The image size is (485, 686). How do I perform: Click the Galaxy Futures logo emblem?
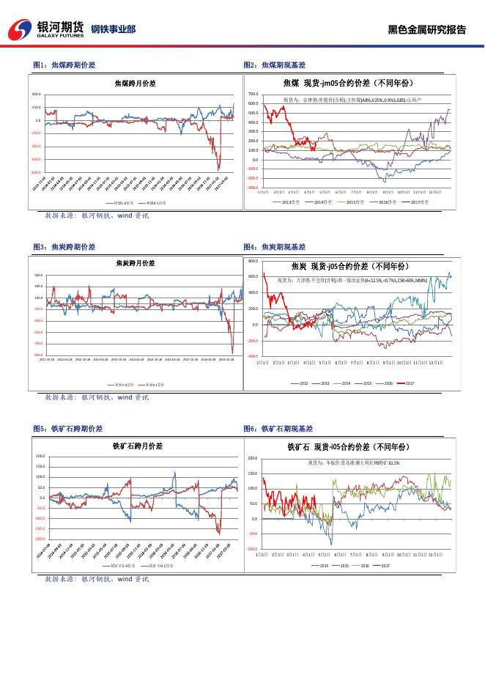coord(21,29)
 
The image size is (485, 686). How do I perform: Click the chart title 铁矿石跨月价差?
coord(137,446)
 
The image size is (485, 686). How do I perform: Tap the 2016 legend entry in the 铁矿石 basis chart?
coord(365,566)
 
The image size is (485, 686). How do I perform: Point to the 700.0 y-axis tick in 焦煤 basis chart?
coord(253,95)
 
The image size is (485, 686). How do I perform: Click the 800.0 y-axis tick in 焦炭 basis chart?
coord(253,261)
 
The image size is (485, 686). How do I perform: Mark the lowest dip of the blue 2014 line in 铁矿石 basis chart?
coord(331,544)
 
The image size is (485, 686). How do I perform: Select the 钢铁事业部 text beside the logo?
coord(113,30)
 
